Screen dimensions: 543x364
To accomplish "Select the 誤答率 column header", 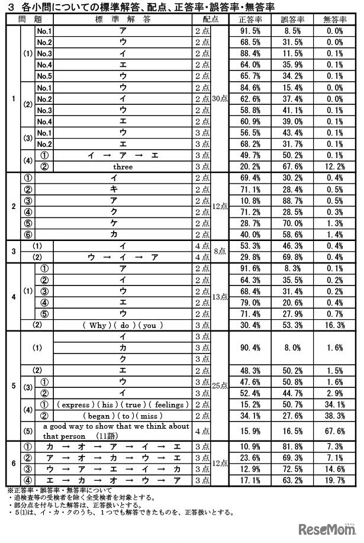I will [x=292, y=19].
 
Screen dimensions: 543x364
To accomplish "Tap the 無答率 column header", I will [x=335, y=19].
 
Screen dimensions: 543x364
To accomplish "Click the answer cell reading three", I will [x=123, y=166].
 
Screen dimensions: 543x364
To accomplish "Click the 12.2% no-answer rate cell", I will [x=335, y=166].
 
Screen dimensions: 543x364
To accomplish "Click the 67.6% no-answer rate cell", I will [x=335, y=431].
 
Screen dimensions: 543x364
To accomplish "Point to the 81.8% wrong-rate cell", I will [x=292, y=447].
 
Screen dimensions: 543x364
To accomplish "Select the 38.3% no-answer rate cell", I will [x=335, y=415].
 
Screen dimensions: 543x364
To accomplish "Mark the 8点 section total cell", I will [x=220, y=251].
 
